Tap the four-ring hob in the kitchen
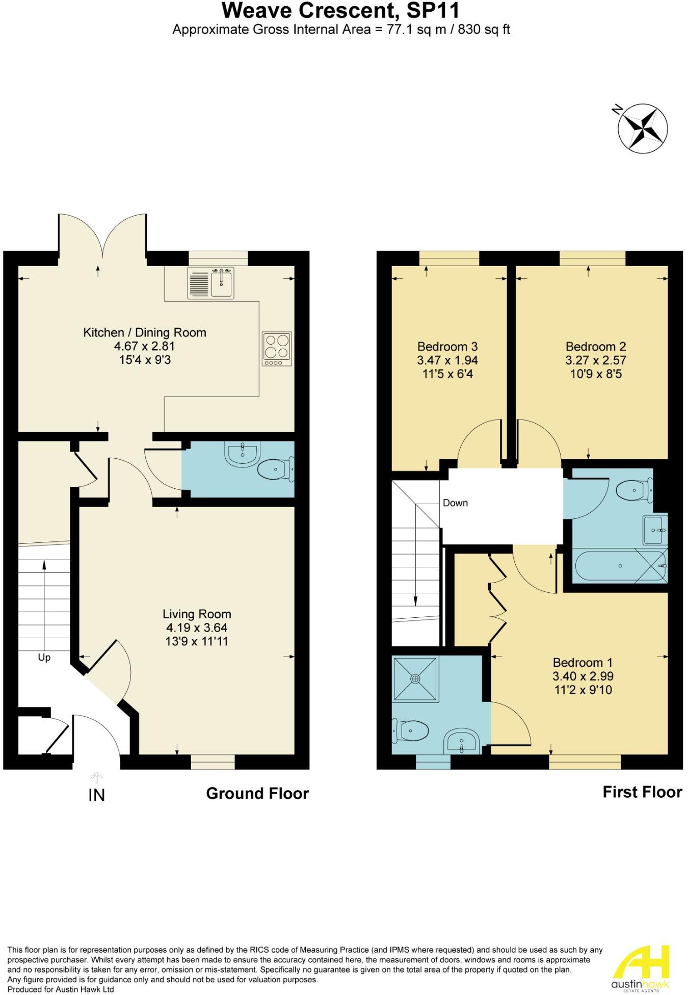tap(277, 349)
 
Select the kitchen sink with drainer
tap(211, 284)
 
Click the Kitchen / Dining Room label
tap(145, 333)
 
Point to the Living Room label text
tap(197, 614)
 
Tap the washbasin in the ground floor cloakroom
tap(243, 453)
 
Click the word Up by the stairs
tap(44, 658)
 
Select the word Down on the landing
tap(455, 503)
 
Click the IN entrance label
tap(97, 795)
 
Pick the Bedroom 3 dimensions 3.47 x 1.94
tap(447, 360)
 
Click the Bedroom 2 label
tap(596, 347)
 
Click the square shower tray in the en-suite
tap(415, 678)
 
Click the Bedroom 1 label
tap(583, 663)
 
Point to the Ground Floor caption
tap(257, 794)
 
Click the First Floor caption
tap(642, 792)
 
